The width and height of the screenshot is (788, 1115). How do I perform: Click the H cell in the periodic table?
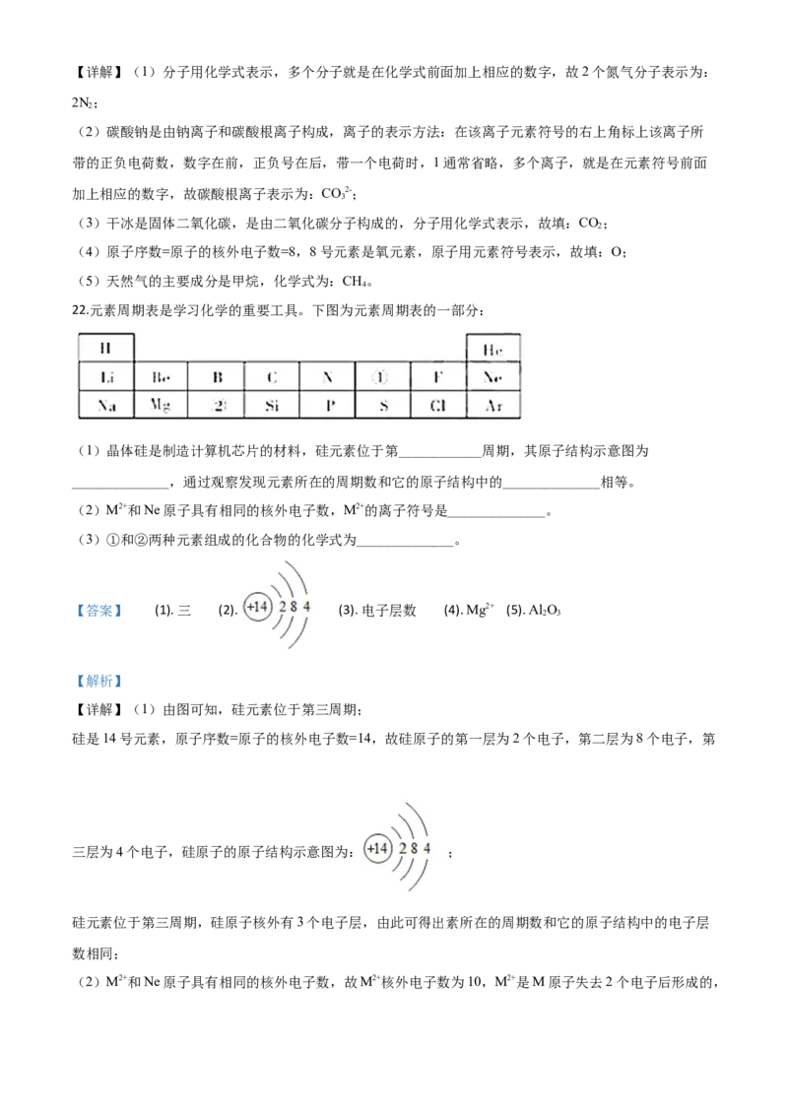pos(106,348)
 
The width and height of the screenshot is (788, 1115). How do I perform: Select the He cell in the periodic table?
pos(492,349)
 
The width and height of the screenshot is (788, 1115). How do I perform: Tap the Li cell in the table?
pos(106,377)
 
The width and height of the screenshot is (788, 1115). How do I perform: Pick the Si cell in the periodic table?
pos(272,405)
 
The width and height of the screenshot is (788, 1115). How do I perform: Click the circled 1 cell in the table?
pos(382,377)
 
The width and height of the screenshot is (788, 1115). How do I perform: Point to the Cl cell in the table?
pos(437,405)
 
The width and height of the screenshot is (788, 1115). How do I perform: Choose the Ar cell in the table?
pos(492,405)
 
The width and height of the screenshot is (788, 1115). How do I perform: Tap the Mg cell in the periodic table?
pos(161,405)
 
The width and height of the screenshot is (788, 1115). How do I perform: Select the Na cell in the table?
pos(106,405)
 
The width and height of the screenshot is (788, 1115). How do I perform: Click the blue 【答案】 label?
pos(98,610)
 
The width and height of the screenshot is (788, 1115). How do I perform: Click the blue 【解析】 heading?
pos(98,681)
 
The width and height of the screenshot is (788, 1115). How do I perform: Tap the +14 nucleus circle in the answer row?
pos(257,607)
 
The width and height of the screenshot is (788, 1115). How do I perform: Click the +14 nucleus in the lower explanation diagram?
pos(377,848)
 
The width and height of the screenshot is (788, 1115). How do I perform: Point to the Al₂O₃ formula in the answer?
pos(545,610)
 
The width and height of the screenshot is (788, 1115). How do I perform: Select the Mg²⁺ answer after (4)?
pos(480,610)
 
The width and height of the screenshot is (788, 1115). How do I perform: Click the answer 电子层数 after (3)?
pos(389,610)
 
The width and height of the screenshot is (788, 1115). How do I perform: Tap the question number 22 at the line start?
pos(79,310)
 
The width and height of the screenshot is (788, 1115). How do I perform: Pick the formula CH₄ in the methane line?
pos(355,282)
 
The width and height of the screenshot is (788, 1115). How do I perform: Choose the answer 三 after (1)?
pos(184,610)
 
